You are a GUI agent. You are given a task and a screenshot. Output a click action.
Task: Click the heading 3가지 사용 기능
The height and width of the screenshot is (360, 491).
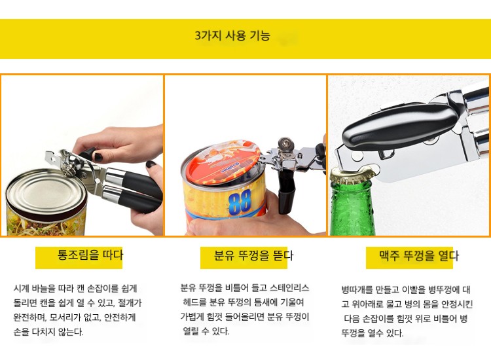[232, 36]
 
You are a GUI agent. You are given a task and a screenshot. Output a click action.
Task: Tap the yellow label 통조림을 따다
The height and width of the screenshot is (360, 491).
[90, 255]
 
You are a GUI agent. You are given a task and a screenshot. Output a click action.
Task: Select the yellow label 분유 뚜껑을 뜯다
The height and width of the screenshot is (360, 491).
[253, 255]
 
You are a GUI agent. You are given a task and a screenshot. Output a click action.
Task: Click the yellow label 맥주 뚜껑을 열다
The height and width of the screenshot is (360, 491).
[419, 256]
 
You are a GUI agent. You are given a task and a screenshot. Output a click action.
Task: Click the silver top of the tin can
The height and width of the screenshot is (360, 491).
[46, 192]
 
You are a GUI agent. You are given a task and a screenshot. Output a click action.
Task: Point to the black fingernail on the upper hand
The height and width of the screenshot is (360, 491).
[98, 156]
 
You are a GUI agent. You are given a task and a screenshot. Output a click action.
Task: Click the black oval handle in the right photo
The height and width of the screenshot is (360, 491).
[399, 128]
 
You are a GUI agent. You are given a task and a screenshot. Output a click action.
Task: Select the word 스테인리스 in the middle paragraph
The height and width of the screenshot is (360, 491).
[289, 287]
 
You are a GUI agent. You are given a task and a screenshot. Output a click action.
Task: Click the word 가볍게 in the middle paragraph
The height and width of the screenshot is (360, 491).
[192, 317]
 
